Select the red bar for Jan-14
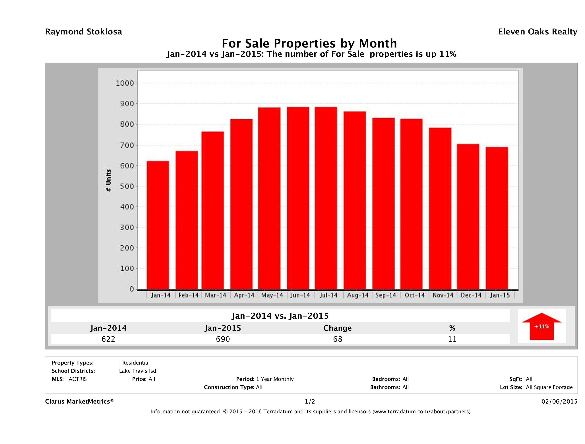pos(158,225)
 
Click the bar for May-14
pos(270,198)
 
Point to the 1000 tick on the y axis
pos(125,83)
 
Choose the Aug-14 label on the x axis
pos(357,295)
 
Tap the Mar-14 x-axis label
pos(216,295)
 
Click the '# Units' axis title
pos(108,180)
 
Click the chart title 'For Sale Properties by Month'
pos(309,43)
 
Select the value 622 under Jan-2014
pos(108,339)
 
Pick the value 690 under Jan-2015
pos(223,339)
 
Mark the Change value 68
pos(338,339)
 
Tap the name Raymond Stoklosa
pos(84,32)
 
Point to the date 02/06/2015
pos(559,402)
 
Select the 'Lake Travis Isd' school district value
pos(138,371)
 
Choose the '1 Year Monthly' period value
pos(275,379)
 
